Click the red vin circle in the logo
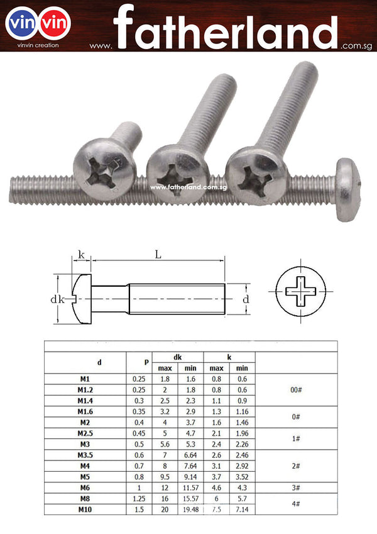[x=55, y=23]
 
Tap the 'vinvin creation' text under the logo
[x=38, y=45]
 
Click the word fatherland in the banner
[x=226, y=27]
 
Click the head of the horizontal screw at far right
[x=347, y=189]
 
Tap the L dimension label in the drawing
[x=158, y=254]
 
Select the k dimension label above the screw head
[x=81, y=254]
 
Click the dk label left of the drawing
[x=57, y=299]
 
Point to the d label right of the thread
[x=246, y=299]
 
